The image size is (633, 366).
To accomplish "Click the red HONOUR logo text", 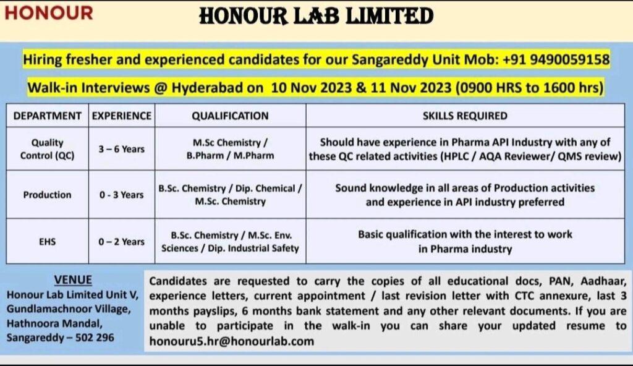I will [49, 12].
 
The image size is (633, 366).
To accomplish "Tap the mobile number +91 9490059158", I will [552, 60].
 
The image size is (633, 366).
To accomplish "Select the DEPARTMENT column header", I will [47, 116].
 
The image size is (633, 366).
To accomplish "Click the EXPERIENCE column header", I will [122, 116].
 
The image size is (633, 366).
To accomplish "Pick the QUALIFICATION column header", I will [230, 116].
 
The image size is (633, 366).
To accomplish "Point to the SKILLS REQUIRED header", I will [465, 116].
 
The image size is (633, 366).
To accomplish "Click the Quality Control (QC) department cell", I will [47, 149].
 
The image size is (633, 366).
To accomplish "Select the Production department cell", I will [47, 195].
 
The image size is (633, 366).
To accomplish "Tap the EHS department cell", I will [47, 242].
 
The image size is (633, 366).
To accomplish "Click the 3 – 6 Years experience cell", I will [122, 149].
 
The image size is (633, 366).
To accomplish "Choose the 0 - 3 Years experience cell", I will [122, 195].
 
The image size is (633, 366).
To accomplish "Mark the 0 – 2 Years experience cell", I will [122, 242].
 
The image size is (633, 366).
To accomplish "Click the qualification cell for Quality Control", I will [230, 149].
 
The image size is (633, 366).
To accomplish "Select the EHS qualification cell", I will [230, 242].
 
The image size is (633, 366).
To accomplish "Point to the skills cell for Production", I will [465, 195].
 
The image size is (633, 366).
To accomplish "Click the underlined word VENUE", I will [73, 280].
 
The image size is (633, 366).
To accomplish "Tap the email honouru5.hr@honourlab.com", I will [232, 341].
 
